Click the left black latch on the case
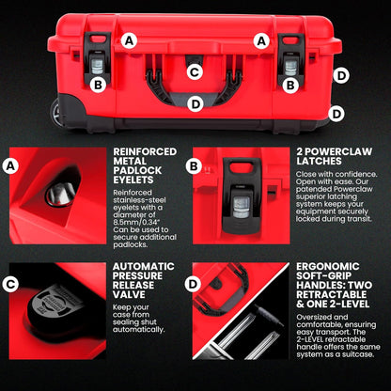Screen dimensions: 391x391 click(96, 60)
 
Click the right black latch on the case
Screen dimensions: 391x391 click(291, 60)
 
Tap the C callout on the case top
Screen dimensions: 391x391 click(195, 71)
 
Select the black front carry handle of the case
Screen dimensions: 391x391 click(195, 90)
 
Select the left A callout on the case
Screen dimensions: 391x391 click(129, 40)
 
